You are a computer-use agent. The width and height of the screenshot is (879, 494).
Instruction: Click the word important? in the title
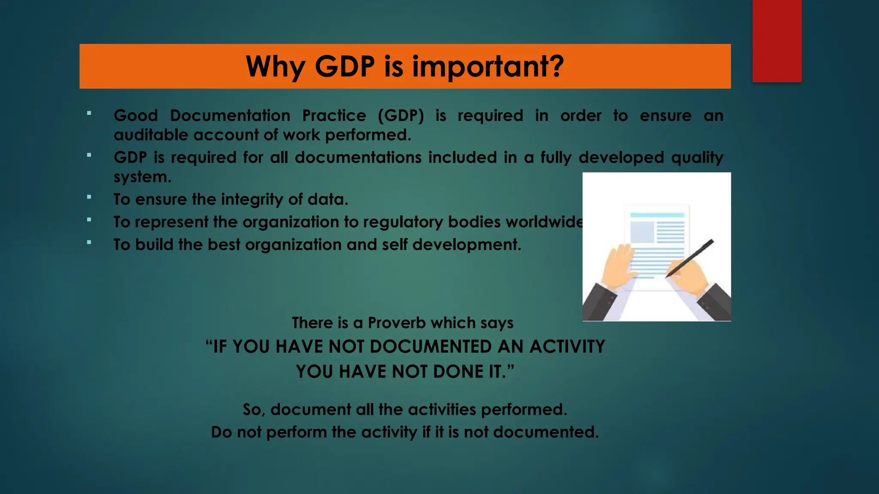(x=488, y=67)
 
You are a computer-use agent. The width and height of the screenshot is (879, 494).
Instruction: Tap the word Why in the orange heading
(x=275, y=67)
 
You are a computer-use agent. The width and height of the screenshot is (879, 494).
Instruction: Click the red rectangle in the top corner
(x=777, y=41)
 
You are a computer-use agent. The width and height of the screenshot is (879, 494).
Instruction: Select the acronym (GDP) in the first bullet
(x=401, y=116)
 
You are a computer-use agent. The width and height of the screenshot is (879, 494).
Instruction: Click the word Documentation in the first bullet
(x=230, y=116)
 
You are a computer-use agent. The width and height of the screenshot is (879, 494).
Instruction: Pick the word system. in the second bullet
(x=142, y=177)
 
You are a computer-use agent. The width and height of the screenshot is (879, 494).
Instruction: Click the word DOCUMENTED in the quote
(x=430, y=347)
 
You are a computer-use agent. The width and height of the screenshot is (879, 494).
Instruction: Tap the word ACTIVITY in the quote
(x=567, y=347)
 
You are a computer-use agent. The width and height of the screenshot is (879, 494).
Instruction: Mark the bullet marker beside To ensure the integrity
(x=89, y=197)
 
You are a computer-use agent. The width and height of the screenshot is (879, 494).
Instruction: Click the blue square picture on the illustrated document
(x=642, y=232)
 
